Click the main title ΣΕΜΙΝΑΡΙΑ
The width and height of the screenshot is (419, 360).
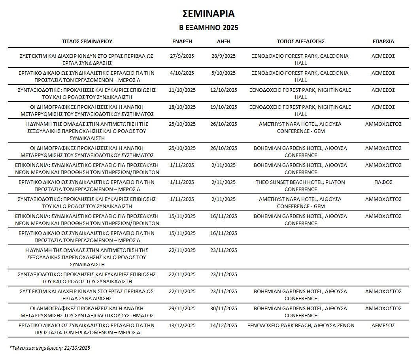209,14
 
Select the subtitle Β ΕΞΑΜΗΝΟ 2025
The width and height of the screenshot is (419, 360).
209,28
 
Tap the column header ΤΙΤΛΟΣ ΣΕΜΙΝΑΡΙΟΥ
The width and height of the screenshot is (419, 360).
87,41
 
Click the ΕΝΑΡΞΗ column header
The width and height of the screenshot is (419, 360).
182,41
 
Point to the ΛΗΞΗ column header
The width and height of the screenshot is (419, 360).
224,41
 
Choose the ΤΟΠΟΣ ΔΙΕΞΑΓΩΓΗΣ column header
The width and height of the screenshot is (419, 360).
301,41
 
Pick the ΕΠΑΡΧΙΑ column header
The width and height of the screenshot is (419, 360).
383,41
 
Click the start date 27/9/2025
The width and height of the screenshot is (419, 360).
182,56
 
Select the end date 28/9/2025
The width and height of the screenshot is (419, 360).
224,56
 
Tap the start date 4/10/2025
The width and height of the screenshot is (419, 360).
182,73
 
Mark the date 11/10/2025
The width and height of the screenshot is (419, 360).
182,90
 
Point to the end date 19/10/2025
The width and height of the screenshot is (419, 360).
224,107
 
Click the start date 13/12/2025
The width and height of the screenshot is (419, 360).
182,325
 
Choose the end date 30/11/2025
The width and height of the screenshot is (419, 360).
224,308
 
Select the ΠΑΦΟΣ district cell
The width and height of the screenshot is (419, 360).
383,182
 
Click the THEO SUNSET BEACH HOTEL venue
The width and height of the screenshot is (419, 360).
300,186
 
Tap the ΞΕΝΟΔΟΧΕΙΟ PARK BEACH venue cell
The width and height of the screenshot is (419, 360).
300,325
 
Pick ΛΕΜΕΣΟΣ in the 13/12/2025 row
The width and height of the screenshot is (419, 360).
383,325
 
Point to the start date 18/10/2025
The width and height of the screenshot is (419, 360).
182,107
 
